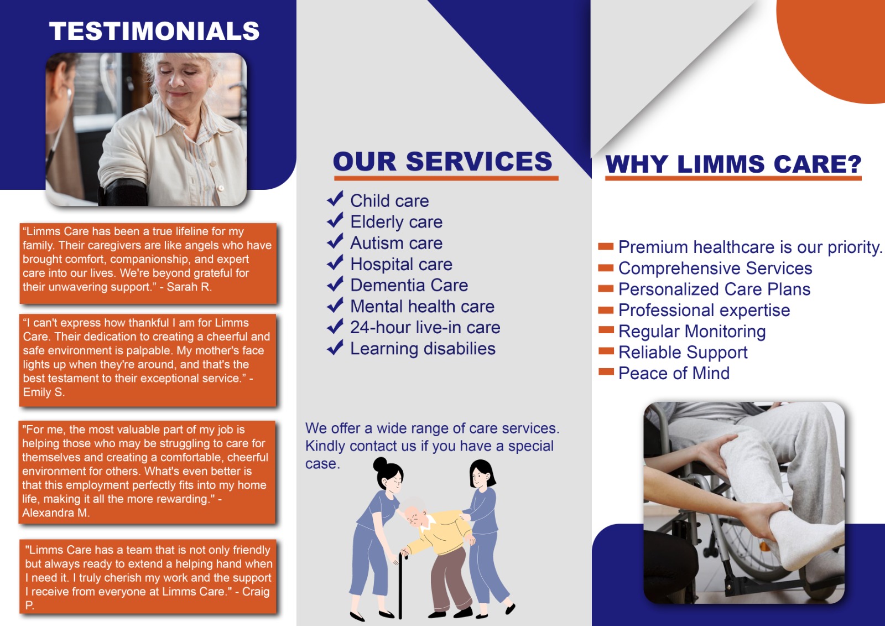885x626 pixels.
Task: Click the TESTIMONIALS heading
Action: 154,31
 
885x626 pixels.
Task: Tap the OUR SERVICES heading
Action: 442,162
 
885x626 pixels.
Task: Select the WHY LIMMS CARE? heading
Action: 733,164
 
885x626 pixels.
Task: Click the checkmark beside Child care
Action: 335,199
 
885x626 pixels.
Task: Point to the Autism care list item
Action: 396,243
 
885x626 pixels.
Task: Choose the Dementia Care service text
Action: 409,285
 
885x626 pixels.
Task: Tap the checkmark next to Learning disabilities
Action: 335,348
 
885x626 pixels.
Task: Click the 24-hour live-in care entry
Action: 425,327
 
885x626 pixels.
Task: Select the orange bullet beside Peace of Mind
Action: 606,372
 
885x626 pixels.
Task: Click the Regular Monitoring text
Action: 692,332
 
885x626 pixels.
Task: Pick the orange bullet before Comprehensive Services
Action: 606,268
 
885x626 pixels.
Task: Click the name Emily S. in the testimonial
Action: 44,392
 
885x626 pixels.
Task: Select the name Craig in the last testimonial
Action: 256,592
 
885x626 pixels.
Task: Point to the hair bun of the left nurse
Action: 380,464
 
